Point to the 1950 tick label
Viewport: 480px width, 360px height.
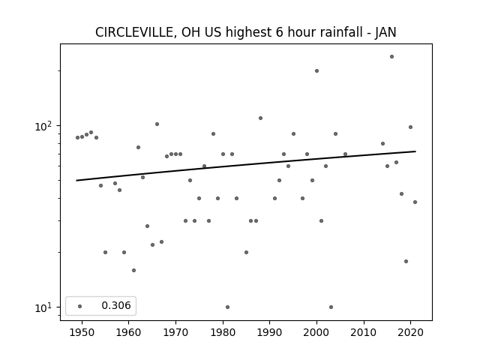tap(82, 332)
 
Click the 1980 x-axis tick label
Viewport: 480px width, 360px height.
tap(223, 332)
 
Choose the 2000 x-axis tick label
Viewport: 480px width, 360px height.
tap(316, 332)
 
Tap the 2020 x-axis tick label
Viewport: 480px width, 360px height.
tap(410, 332)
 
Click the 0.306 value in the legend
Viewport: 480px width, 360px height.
tap(116, 305)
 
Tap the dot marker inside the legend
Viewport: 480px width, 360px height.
tap(80, 306)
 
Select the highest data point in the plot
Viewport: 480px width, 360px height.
tap(391, 57)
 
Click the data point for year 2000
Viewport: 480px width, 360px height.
tap(316, 71)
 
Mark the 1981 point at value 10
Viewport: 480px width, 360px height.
tap(227, 307)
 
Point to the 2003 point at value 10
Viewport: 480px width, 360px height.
tap(331, 307)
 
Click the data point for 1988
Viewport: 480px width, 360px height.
tap(260, 118)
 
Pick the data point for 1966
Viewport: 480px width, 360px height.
tap(157, 124)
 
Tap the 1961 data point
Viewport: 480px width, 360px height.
tap(133, 270)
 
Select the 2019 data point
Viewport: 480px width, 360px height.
tap(406, 262)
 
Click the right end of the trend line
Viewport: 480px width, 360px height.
tap(415, 151)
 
